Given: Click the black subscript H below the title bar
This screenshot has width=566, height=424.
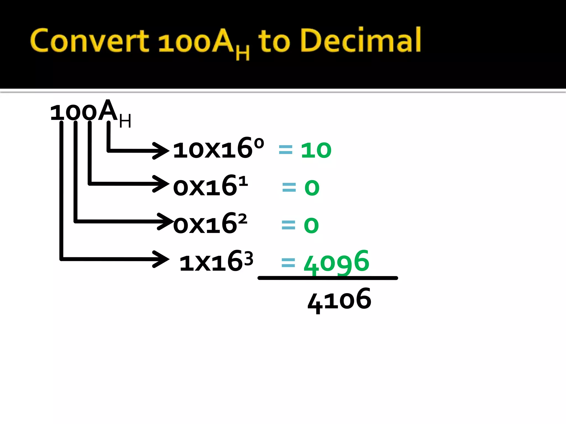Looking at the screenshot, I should (125, 121).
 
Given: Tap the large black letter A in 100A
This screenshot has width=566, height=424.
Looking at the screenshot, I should (108, 110).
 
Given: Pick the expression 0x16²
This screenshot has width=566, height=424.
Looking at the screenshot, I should (210, 224).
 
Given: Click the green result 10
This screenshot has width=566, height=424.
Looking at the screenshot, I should (316, 150).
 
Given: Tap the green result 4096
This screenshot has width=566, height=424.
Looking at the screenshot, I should (336, 262).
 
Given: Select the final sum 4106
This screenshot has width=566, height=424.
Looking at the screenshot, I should (339, 300).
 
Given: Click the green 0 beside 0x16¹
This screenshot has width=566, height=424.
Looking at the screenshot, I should (312, 188).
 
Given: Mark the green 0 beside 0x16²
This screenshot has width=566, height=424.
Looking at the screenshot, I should (311, 225).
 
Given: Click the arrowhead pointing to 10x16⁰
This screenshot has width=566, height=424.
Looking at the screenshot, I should (162, 151).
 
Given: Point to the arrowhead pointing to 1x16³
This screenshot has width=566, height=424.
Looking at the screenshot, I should (162, 259).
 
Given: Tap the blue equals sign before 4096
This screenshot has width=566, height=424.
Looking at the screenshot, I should (288, 263).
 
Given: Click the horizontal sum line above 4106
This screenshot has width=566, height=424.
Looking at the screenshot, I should (327, 278).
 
